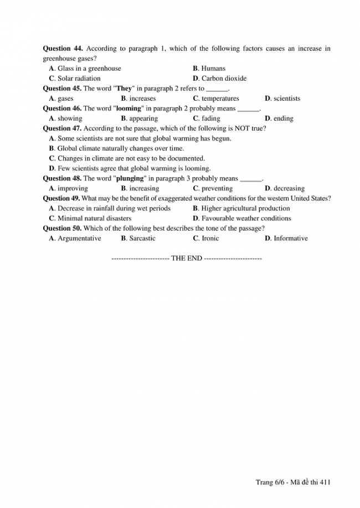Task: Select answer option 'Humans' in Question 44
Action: pos(213,69)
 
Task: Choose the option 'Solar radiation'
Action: pos(79,79)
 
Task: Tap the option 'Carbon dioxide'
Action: pos(224,79)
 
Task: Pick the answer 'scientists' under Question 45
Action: pos(286,99)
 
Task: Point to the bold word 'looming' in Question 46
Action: pos(128,108)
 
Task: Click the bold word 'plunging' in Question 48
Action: pos(130,179)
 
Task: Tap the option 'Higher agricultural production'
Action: pos(245,209)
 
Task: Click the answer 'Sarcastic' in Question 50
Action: pos(142,239)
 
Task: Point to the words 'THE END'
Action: pos(187,258)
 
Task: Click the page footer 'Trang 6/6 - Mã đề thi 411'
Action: pos(293,482)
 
